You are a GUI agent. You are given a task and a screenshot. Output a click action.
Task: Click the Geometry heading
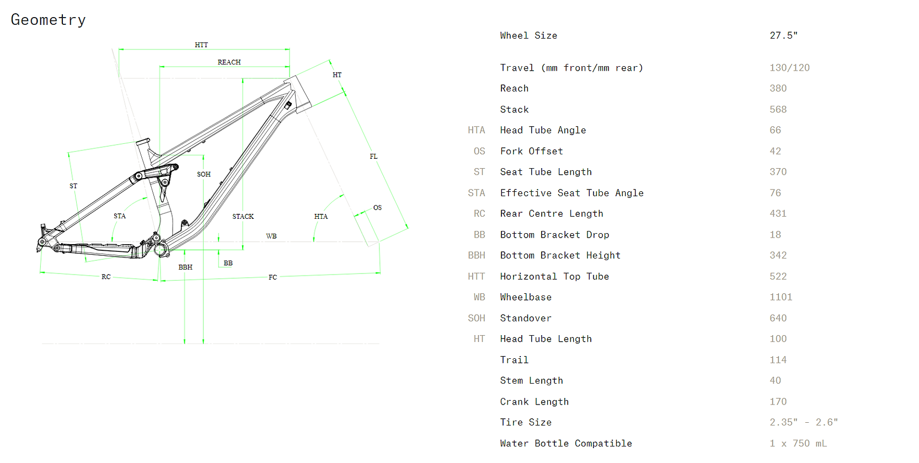coord(49,20)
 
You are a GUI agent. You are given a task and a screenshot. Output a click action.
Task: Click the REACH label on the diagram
coord(229,62)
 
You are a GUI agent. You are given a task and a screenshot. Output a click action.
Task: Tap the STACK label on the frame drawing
coord(243,217)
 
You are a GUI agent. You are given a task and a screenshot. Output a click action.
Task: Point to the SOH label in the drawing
coord(204,174)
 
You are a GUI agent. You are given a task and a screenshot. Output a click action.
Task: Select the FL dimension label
coord(373,157)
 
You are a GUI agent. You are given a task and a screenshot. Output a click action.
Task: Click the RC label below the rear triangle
coord(106,277)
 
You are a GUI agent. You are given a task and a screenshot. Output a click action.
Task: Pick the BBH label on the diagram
coord(185,267)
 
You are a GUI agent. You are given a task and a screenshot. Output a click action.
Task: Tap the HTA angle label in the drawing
coord(321,217)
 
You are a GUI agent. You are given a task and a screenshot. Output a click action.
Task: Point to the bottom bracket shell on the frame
coord(161,250)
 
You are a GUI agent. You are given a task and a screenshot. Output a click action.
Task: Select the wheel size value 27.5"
coord(783,35)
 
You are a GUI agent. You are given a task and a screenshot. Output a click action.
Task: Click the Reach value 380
coord(778,88)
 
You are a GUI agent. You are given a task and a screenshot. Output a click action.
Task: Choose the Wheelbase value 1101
coord(781,297)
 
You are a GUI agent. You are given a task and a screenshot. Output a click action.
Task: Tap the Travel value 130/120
coord(789,68)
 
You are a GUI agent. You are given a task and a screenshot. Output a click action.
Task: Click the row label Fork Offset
coord(531,151)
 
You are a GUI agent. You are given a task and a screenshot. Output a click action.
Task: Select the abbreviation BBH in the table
coord(476,255)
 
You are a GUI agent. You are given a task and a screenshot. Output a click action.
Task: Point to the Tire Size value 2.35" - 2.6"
coord(803,422)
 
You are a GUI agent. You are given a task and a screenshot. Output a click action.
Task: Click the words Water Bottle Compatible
coord(565,443)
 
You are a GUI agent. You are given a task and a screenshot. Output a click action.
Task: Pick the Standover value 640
coord(778,318)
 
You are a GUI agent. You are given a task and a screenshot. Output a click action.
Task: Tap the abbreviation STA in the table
coord(476,193)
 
